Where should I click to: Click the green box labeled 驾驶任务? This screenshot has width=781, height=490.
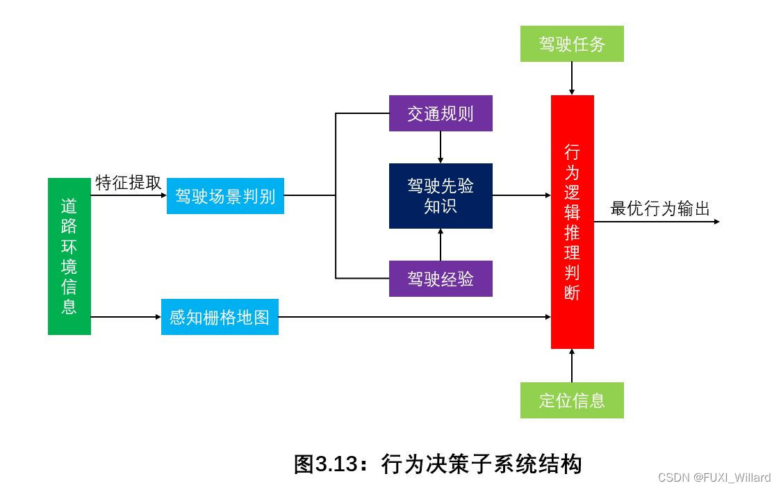pos(572,44)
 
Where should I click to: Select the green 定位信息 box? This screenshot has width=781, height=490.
pos(572,400)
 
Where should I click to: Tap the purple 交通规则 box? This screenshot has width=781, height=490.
pos(441,113)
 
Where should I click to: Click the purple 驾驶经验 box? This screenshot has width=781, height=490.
pos(441,279)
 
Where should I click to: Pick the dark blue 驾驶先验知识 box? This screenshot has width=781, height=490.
pos(441,196)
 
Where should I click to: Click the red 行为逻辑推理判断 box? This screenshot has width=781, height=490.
pos(572,222)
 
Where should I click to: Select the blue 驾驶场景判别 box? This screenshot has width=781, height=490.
pos(225,196)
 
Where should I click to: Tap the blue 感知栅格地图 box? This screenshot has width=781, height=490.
pos(220,317)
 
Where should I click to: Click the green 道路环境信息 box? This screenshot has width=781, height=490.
pos(69,256)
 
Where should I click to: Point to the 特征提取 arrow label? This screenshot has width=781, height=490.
pos(128,183)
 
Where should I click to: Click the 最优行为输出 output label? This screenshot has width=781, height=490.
pos(659,209)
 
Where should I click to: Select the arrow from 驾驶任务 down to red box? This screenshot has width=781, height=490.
pos(572,78)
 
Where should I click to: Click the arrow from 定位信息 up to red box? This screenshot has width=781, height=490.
pos(572,366)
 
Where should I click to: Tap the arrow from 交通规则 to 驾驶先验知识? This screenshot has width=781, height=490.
pos(441,147)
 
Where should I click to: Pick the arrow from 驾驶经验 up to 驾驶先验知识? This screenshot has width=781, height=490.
pos(441,245)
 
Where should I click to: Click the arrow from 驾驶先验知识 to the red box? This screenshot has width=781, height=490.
pos(521,196)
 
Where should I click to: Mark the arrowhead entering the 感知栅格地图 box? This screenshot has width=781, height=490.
pos(158,317)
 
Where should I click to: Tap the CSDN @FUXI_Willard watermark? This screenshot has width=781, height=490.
pos(714,477)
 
